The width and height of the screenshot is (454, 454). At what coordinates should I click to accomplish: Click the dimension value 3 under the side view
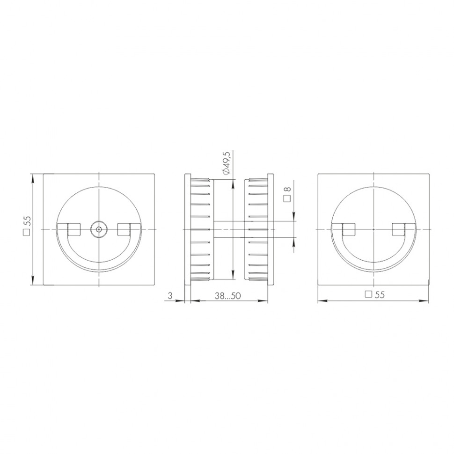(170, 295)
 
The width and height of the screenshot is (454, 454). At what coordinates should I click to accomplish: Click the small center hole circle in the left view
(99, 229)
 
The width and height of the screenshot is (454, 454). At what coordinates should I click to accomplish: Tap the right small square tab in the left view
(124, 229)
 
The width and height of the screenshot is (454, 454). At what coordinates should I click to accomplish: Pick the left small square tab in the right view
(349, 229)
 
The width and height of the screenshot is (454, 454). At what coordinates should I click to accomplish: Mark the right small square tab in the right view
(398, 229)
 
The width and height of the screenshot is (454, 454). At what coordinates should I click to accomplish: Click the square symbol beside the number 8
(287, 198)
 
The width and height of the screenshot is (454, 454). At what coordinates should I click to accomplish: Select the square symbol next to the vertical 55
(27, 233)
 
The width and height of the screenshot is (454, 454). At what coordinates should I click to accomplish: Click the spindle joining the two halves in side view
(230, 229)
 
